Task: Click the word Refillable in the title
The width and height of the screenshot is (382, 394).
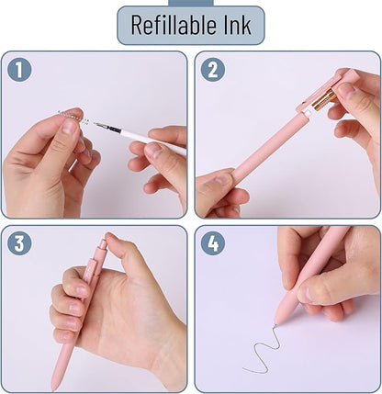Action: coord(171,25)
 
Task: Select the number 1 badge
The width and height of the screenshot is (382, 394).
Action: coord(18,69)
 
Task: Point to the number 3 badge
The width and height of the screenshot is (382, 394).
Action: coord(18,243)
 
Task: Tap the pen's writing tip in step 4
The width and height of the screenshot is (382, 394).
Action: coord(275,321)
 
